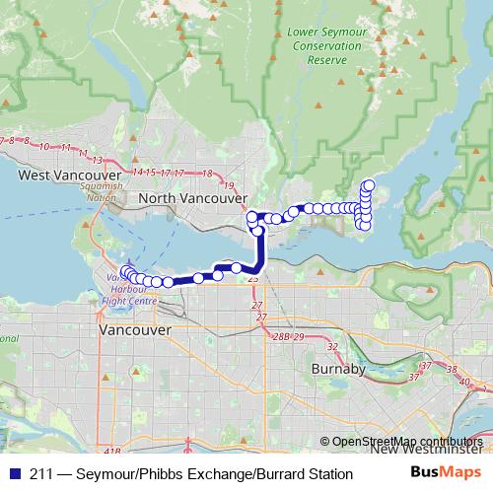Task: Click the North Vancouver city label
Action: point(192,198)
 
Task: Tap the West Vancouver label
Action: point(62,176)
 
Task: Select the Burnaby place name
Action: point(338,369)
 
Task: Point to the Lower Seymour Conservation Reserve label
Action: point(328,45)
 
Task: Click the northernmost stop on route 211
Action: point(369,183)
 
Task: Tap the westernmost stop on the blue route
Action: point(125,271)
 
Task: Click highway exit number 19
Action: point(229,184)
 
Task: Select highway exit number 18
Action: point(207,174)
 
